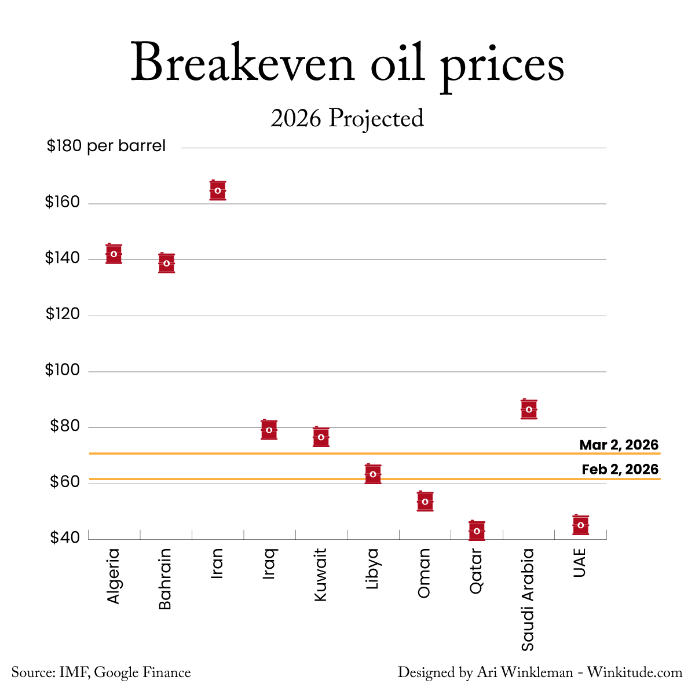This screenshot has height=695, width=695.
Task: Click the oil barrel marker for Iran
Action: pyautogui.click(x=218, y=191)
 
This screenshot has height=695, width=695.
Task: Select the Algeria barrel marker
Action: pyautogui.click(x=114, y=254)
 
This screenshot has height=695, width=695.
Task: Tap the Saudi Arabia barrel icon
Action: pyautogui.click(x=529, y=409)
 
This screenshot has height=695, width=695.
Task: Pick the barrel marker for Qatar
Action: pyautogui.click(x=477, y=531)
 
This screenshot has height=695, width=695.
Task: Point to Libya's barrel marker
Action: pyautogui.click(x=373, y=474)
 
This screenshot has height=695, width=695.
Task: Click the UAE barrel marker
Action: pyautogui.click(x=581, y=525)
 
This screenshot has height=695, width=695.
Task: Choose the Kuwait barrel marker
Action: pyautogui.click(x=321, y=437)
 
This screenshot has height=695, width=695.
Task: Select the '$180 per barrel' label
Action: pyautogui.click(x=106, y=147)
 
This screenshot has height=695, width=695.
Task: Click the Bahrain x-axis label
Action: pyautogui.click(x=166, y=579)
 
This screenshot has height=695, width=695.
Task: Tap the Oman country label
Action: pyautogui.click(x=425, y=573)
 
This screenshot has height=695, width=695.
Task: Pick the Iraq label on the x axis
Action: pyautogui.click(x=269, y=564)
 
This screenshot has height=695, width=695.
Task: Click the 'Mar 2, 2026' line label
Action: pyautogui.click(x=619, y=445)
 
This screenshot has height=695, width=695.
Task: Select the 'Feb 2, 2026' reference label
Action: pyautogui.click(x=620, y=470)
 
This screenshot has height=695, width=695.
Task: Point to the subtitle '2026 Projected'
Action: pyautogui.click(x=347, y=119)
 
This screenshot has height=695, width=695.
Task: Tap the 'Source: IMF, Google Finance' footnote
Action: pyautogui.click(x=101, y=673)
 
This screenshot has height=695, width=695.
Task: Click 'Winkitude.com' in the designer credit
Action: pyautogui.click(x=634, y=673)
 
